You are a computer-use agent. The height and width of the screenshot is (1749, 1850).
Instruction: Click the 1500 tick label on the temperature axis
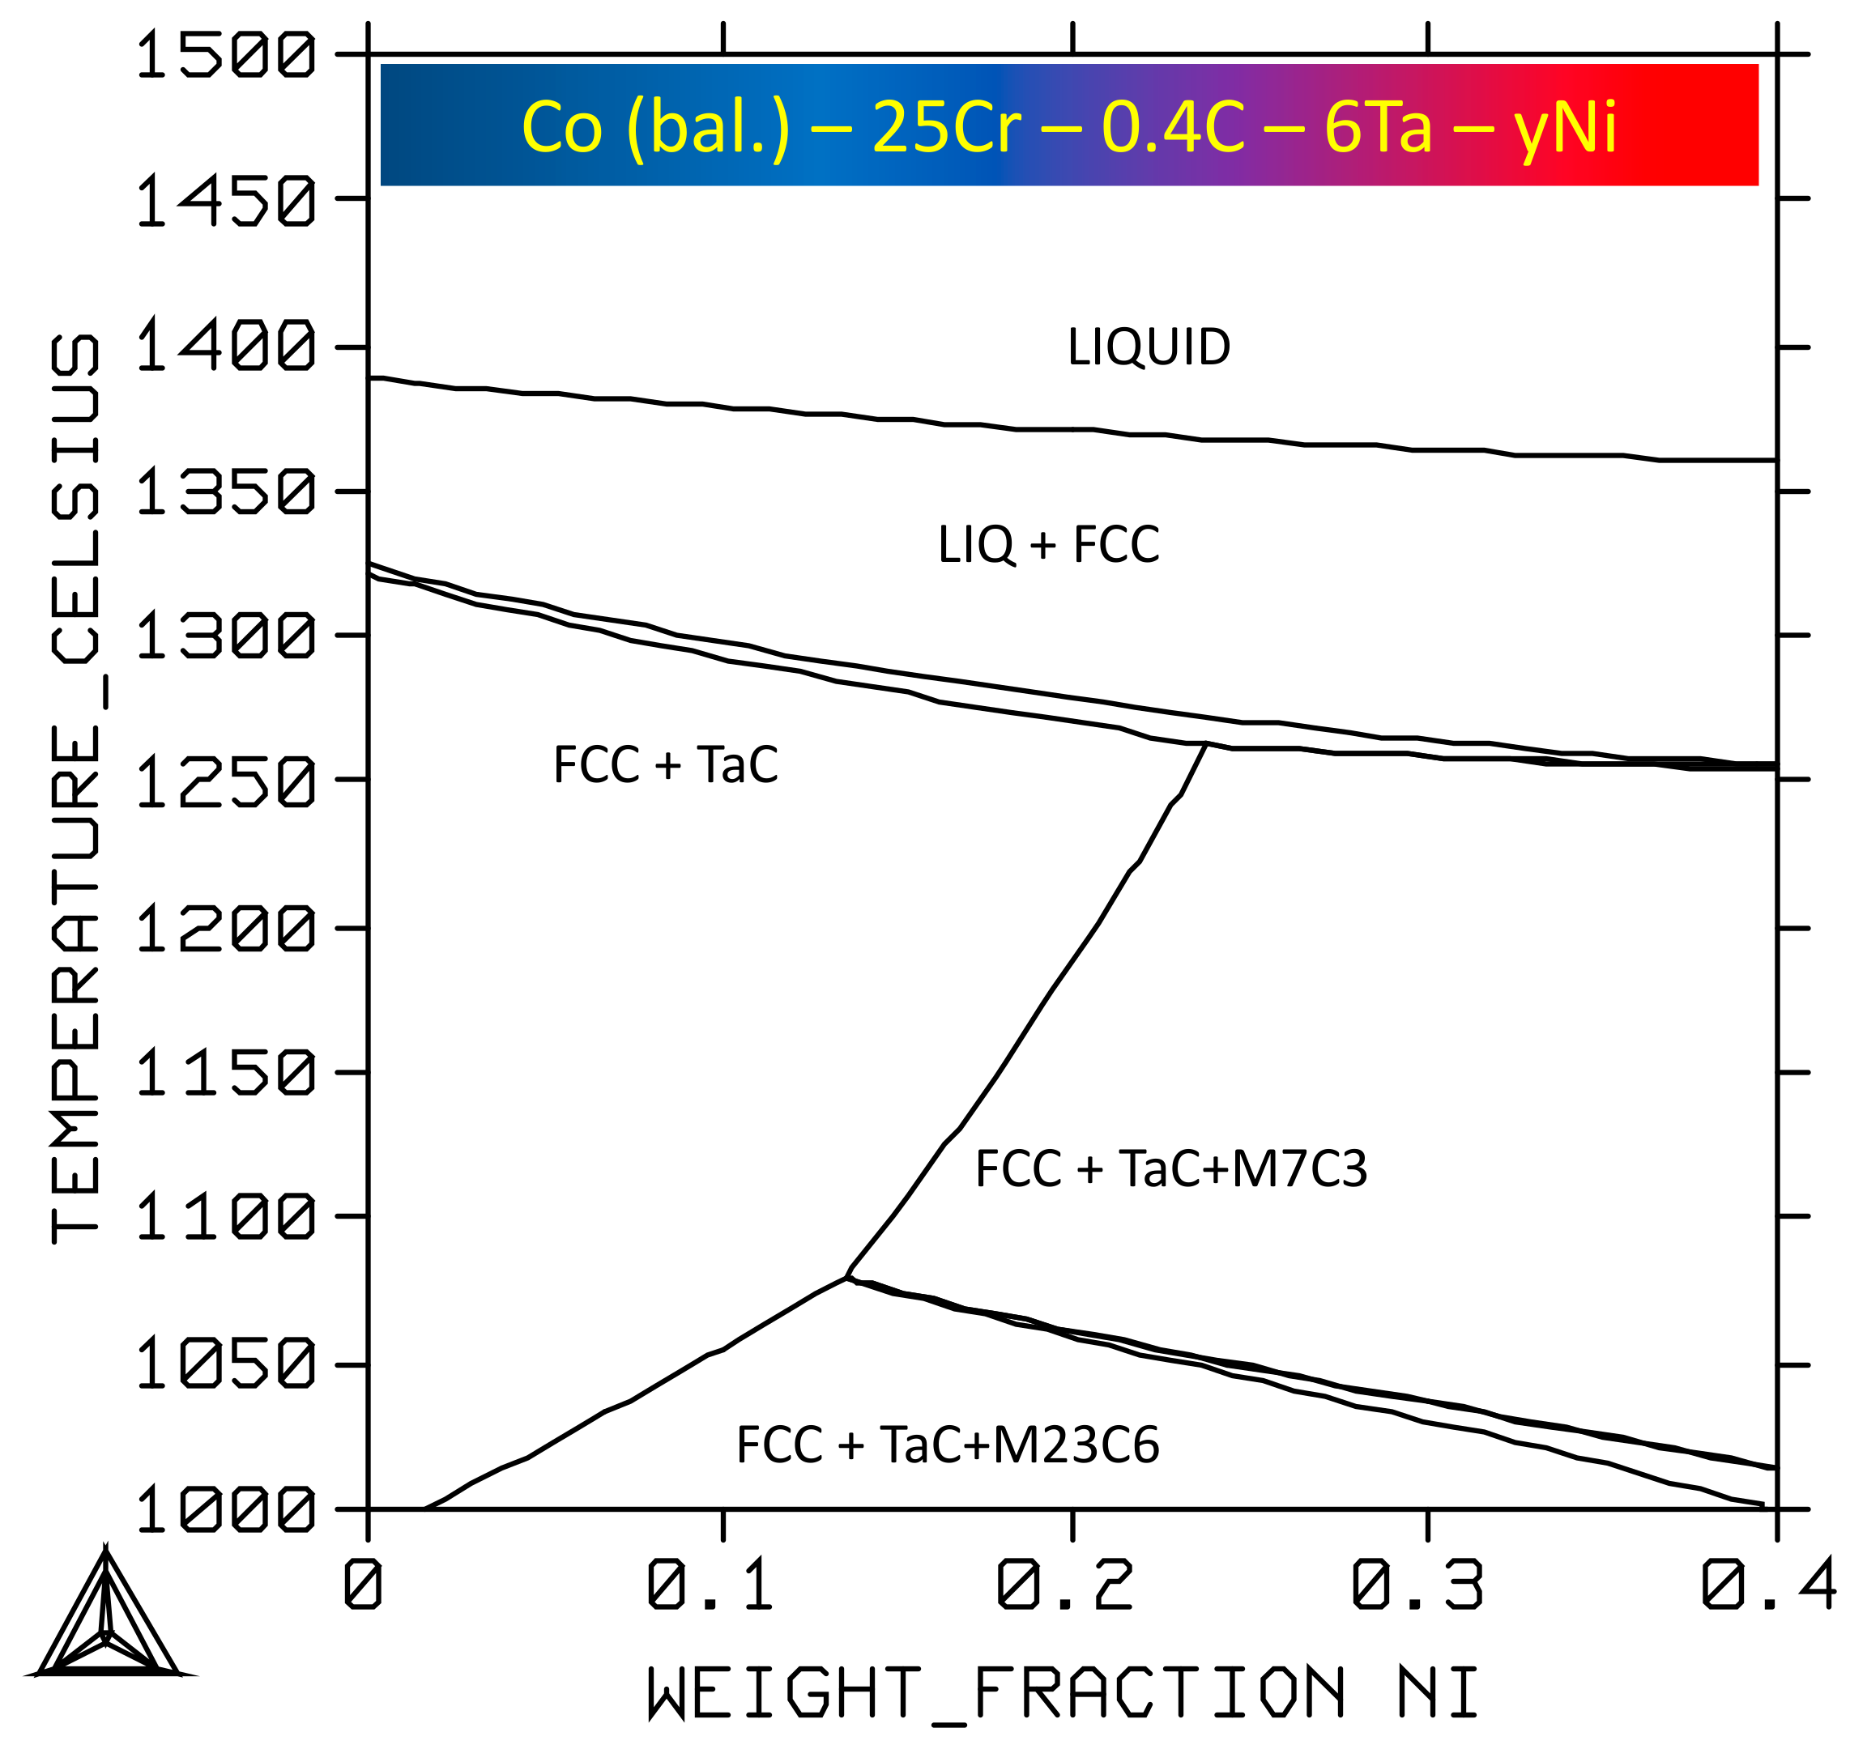coord(226,54)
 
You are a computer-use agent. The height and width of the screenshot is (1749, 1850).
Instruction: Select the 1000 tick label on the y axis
coord(226,1509)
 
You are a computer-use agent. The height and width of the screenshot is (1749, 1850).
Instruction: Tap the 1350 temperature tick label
coord(226,492)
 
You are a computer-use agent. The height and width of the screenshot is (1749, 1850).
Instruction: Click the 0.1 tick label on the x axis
coord(710,1585)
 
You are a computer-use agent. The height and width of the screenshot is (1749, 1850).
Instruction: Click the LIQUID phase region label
coord(1149,347)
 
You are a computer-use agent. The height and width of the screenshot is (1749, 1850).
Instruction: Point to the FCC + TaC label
coord(666,765)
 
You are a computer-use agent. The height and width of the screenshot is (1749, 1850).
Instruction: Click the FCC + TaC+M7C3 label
coord(1171,1169)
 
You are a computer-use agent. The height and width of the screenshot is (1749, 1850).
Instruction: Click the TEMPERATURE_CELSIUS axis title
coord(75,788)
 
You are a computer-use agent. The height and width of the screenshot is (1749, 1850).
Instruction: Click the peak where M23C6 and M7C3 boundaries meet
coord(846,1277)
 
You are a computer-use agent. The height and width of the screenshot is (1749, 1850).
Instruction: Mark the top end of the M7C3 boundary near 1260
coord(1206,743)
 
